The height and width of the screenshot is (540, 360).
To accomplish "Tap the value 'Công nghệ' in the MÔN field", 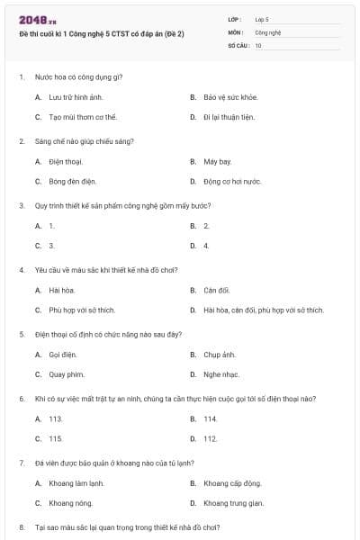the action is click(269, 31).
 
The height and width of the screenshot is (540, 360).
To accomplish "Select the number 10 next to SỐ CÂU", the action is click(259, 44).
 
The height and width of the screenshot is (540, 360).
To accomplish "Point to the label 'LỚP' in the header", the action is click(235, 19).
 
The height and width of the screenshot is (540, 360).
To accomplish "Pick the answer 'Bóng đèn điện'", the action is click(73, 181).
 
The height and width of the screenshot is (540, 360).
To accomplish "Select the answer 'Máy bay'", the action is click(218, 161).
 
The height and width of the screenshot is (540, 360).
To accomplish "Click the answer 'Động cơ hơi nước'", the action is click(232, 181).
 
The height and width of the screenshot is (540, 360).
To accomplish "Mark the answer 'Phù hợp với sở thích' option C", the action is click(82, 310).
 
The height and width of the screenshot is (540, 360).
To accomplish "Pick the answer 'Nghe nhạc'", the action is click(220, 374).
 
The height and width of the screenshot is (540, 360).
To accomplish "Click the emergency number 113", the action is click(56, 418).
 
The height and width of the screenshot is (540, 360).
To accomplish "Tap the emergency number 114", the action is click(211, 418).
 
